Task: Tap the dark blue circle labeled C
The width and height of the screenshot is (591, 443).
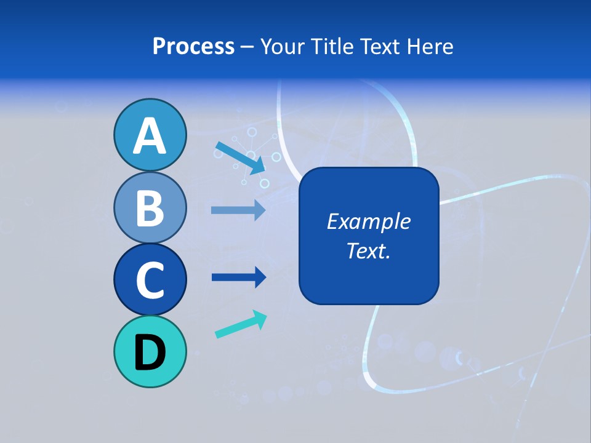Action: (150, 279)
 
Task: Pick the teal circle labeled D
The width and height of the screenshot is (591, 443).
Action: (150, 351)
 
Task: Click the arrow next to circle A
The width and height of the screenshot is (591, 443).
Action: (241, 158)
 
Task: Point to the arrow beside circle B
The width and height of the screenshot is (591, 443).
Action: (238, 210)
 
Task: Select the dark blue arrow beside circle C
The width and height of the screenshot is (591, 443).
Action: (238, 277)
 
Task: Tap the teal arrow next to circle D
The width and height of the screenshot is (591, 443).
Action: (241, 324)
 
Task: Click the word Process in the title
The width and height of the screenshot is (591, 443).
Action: (193, 47)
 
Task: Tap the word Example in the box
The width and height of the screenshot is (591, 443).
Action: (368, 221)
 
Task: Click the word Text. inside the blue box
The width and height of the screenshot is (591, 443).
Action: (368, 250)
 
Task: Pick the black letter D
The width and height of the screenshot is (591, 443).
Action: (150, 353)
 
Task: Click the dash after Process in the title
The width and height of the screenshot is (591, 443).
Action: (247, 47)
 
